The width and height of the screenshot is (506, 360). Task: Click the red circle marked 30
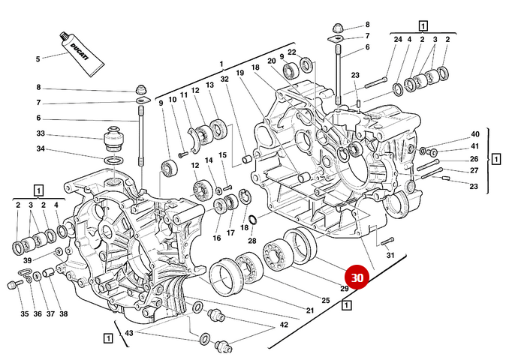[357, 277]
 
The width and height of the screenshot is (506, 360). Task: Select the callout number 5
[38, 59]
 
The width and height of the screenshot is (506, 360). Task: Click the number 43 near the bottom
[129, 333]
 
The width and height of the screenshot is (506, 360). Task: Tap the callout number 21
[309, 310]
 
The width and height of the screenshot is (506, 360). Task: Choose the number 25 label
[326, 300]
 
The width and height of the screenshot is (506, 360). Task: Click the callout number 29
[343, 289]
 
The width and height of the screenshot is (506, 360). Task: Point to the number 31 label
[390, 256]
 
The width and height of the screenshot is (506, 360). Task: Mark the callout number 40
[474, 133]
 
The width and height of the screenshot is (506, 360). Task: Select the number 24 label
[398, 39]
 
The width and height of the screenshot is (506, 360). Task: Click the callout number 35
[24, 313]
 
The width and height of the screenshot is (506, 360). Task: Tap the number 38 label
[64, 313]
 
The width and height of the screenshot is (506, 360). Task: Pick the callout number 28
[252, 240]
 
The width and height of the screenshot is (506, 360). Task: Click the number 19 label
[240, 73]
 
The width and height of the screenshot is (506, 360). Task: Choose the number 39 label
[27, 259]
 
